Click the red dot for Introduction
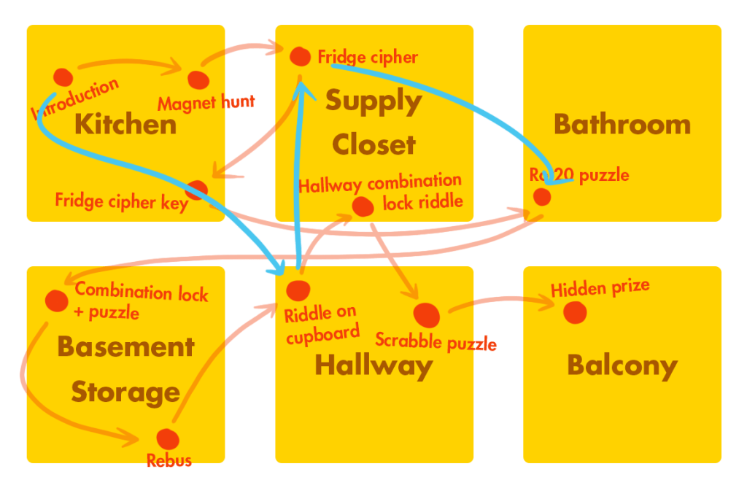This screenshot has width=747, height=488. click(x=63, y=77)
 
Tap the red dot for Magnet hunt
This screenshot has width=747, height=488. click(x=197, y=80)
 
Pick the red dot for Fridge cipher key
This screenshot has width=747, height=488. click(x=196, y=190)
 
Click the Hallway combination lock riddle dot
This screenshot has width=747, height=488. click(x=363, y=206)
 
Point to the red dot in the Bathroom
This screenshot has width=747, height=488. click(x=541, y=196)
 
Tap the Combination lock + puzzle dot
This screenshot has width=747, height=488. click(x=56, y=300)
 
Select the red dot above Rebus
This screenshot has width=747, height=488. click(x=167, y=438)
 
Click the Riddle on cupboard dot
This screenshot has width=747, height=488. click(x=298, y=290)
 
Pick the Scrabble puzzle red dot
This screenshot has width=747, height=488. click(x=427, y=315)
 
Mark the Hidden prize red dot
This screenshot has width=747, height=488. click(x=575, y=312)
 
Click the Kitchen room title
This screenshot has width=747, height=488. click(x=125, y=124)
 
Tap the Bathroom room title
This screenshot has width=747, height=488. click(x=622, y=124)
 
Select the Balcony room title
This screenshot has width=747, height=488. click(x=622, y=365)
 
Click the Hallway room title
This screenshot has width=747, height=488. click(x=373, y=365)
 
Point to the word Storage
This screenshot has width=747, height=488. click(x=125, y=392)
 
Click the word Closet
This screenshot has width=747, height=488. click(x=373, y=144)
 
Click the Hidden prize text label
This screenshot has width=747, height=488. click(x=600, y=288)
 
